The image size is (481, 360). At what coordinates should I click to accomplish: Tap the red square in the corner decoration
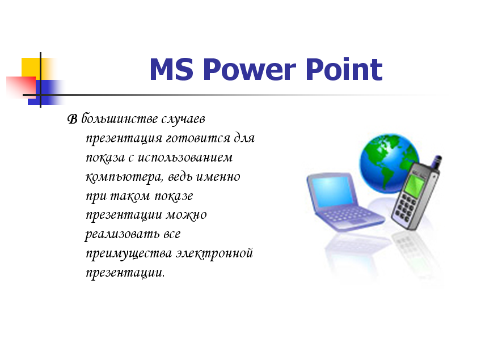[21, 87]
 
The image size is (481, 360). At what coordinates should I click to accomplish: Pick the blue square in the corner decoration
[44, 92]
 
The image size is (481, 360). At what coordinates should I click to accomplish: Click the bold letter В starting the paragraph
[73, 119]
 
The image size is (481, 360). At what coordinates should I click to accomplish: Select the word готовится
[198, 138]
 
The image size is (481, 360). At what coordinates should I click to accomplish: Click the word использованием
[185, 158]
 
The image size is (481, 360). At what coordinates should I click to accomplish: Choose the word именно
[218, 177]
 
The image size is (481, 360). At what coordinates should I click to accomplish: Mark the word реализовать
[122, 234]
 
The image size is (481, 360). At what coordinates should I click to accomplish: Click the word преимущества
[129, 254]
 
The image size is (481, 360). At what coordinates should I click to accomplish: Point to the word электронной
[214, 253]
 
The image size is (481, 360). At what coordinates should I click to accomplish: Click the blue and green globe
[388, 163]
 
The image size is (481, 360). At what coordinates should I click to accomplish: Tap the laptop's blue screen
[332, 192]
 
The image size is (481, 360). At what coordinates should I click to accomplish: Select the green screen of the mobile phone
[414, 185]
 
